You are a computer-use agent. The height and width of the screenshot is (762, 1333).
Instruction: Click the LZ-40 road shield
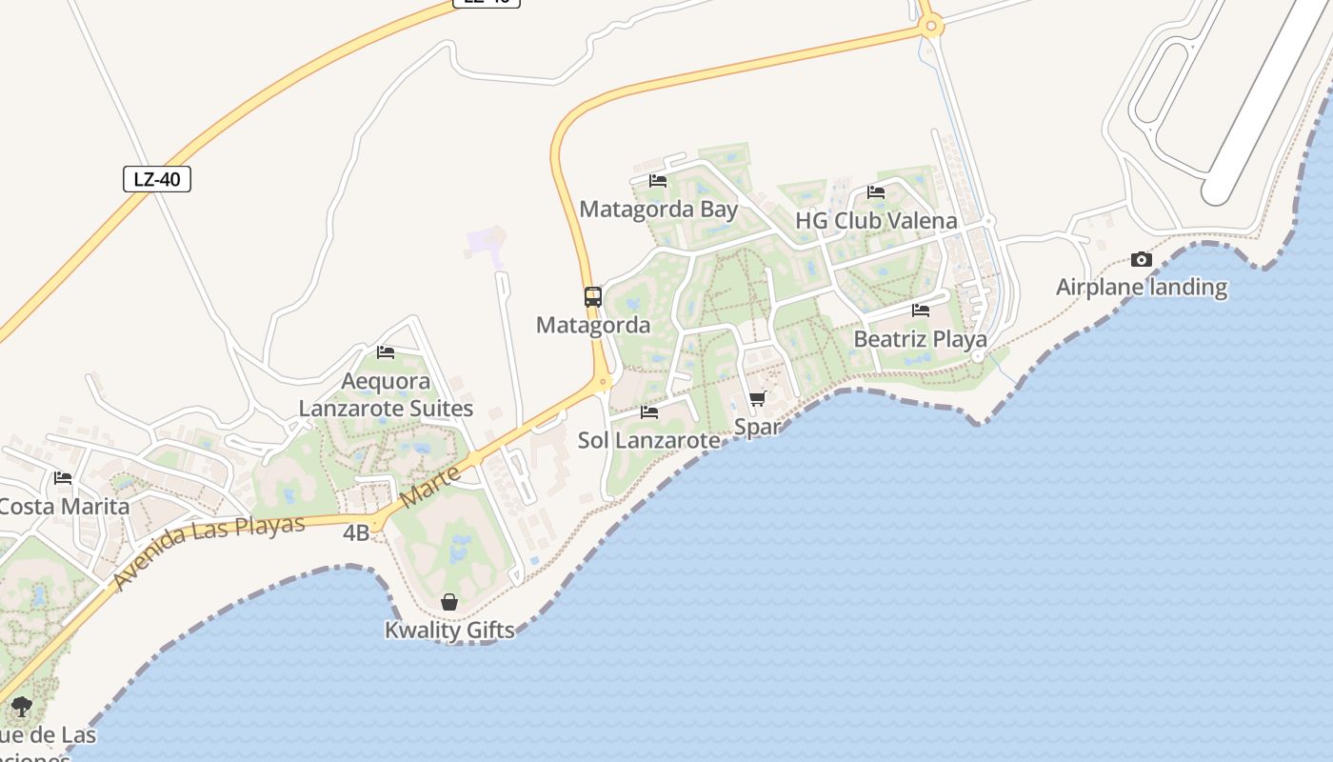(x=157, y=179)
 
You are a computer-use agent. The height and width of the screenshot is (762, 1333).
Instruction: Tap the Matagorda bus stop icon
(x=593, y=297)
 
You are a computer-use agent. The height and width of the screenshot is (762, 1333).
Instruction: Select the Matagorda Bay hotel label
(x=658, y=209)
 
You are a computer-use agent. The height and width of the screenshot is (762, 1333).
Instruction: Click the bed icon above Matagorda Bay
(x=658, y=180)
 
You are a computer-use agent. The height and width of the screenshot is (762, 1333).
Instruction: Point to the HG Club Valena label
(x=876, y=221)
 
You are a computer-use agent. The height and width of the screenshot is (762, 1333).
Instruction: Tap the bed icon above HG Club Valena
(x=876, y=192)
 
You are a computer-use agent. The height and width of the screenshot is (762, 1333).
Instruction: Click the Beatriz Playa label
(x=920, y=339)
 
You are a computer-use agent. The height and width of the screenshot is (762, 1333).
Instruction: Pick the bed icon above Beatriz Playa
(x=920, y=311)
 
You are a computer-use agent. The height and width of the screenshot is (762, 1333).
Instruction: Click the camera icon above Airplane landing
(x=1141, y=259)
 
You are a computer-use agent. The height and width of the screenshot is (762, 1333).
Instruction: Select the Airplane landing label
(x=1141, y=287)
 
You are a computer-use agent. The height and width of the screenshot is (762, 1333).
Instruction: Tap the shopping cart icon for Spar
(x=757, y=399)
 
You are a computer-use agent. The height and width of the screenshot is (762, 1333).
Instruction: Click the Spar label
(x=757, y=427)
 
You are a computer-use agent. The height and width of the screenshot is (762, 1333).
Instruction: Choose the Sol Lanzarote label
(x=648, y=440)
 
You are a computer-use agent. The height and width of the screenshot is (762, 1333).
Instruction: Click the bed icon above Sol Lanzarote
(x=649, y=412)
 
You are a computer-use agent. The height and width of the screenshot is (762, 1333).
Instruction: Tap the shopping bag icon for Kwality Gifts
(x=449, y=602)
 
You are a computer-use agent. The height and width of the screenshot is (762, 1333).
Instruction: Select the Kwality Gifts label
(x=449, y=630)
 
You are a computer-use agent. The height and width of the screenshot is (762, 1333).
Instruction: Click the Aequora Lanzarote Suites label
(x=386, y=394)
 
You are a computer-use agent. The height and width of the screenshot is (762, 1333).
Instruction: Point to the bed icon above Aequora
(x=386, y=352)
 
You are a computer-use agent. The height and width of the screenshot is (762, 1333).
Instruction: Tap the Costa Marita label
(x=64, y=506)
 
